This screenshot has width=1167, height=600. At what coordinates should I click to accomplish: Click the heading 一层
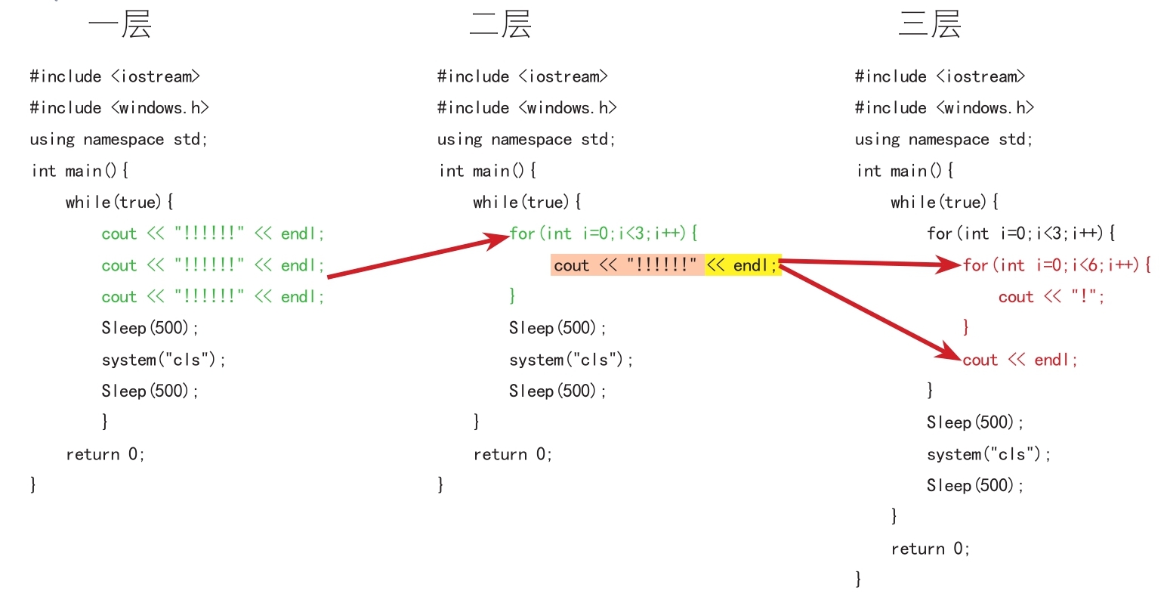(x=120, y=24)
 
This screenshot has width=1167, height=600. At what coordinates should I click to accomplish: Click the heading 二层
(x=500, y=24)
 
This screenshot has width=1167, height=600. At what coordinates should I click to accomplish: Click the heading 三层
(x=930, y=24)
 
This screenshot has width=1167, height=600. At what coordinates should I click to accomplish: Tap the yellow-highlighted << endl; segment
(x=743, y=265)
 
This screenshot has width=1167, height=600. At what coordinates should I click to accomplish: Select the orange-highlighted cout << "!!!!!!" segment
(x=627, y=265)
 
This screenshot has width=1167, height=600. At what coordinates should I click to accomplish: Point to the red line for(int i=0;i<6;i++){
(x=1057, y=265)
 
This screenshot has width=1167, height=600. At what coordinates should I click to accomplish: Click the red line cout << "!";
(x=1051, y=297)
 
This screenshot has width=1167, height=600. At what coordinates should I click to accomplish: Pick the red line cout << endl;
(x=1020, y=360)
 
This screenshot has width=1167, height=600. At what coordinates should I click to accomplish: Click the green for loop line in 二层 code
(x=603, y=234)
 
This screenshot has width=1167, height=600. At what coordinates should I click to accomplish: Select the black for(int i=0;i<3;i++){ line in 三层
(x=1020, y=234)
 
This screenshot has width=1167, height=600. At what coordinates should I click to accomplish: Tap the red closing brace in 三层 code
(x=966, y=327)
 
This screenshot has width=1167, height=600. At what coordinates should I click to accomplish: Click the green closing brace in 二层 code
(x=513, y=296)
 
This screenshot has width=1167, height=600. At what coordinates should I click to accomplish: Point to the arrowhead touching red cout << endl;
(x=948, y=352)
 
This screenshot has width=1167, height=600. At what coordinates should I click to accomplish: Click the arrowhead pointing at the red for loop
(x=948, y=264)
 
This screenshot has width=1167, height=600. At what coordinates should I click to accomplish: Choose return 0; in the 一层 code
(x=105, y=454)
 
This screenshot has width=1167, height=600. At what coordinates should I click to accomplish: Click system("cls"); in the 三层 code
(x=988, y=454)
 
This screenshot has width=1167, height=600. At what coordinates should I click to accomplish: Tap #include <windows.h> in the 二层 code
(x=526, y=108)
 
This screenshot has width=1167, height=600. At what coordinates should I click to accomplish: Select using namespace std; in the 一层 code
(x=119, y=140)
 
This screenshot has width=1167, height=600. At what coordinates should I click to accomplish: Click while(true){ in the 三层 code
(x=944, y=203)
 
